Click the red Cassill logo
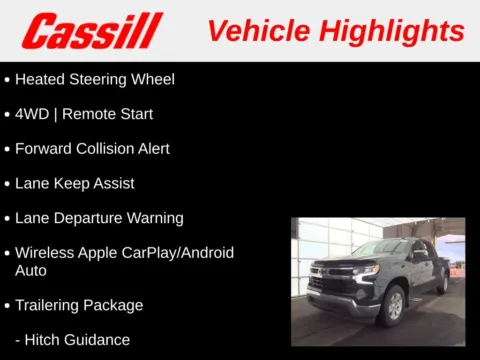pos(91,30)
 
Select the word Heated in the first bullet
pos(40,79)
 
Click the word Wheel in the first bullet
pos(151,79)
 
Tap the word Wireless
pos(45,253)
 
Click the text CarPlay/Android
pos(179,253)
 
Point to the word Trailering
pos(52,305)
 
